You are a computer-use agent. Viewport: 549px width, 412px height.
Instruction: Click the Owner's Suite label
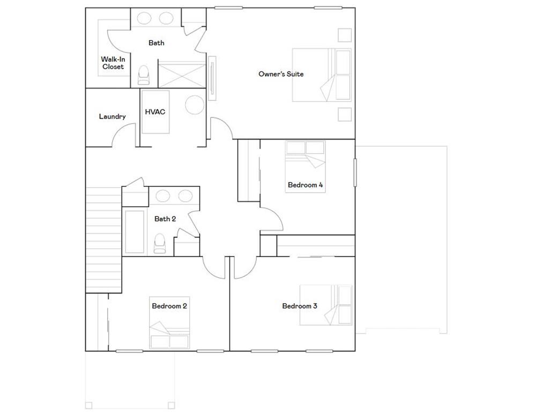[x=281, y=74]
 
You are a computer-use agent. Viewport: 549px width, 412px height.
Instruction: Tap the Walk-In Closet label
[x=113, y=63]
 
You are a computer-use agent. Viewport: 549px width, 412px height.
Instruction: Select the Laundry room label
[x=112, y=116]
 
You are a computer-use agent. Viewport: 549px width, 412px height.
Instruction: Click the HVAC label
[x=155, y=112]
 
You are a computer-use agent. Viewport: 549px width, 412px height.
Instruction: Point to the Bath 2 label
[x=165, y=219]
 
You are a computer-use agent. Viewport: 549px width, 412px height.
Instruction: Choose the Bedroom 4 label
[x=305, y=185]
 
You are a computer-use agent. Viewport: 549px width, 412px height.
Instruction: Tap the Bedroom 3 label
[x=300, y=306]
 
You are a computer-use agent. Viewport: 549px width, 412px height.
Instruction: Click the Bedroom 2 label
[x=169, y=306]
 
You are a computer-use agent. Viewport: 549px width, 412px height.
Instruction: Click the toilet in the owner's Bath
[x=144, y=75]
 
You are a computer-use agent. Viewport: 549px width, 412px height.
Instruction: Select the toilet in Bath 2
[x=160, y=244]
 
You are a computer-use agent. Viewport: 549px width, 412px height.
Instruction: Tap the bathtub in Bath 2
[x=134, y=232]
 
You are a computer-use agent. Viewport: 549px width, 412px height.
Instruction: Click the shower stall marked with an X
[x=182, y=75]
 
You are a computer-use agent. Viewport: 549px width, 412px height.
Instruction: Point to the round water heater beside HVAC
[x=195, y=104]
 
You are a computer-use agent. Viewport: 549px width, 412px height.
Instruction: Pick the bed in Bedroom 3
[x=325, y=305]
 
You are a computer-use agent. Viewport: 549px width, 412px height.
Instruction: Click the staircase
[x=104, y=239]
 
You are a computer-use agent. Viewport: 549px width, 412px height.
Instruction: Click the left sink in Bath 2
[x=162, y=195]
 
